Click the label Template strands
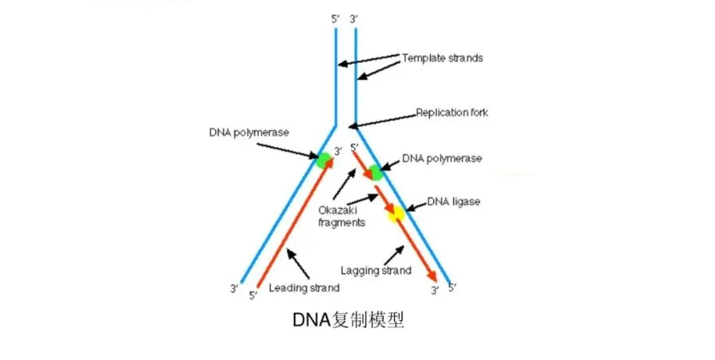442,58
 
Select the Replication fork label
451,112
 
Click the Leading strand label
305,288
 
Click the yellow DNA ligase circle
396,213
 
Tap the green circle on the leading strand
323,160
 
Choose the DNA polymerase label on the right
442,158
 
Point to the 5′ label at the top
335,18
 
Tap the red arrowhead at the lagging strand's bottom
433,275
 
